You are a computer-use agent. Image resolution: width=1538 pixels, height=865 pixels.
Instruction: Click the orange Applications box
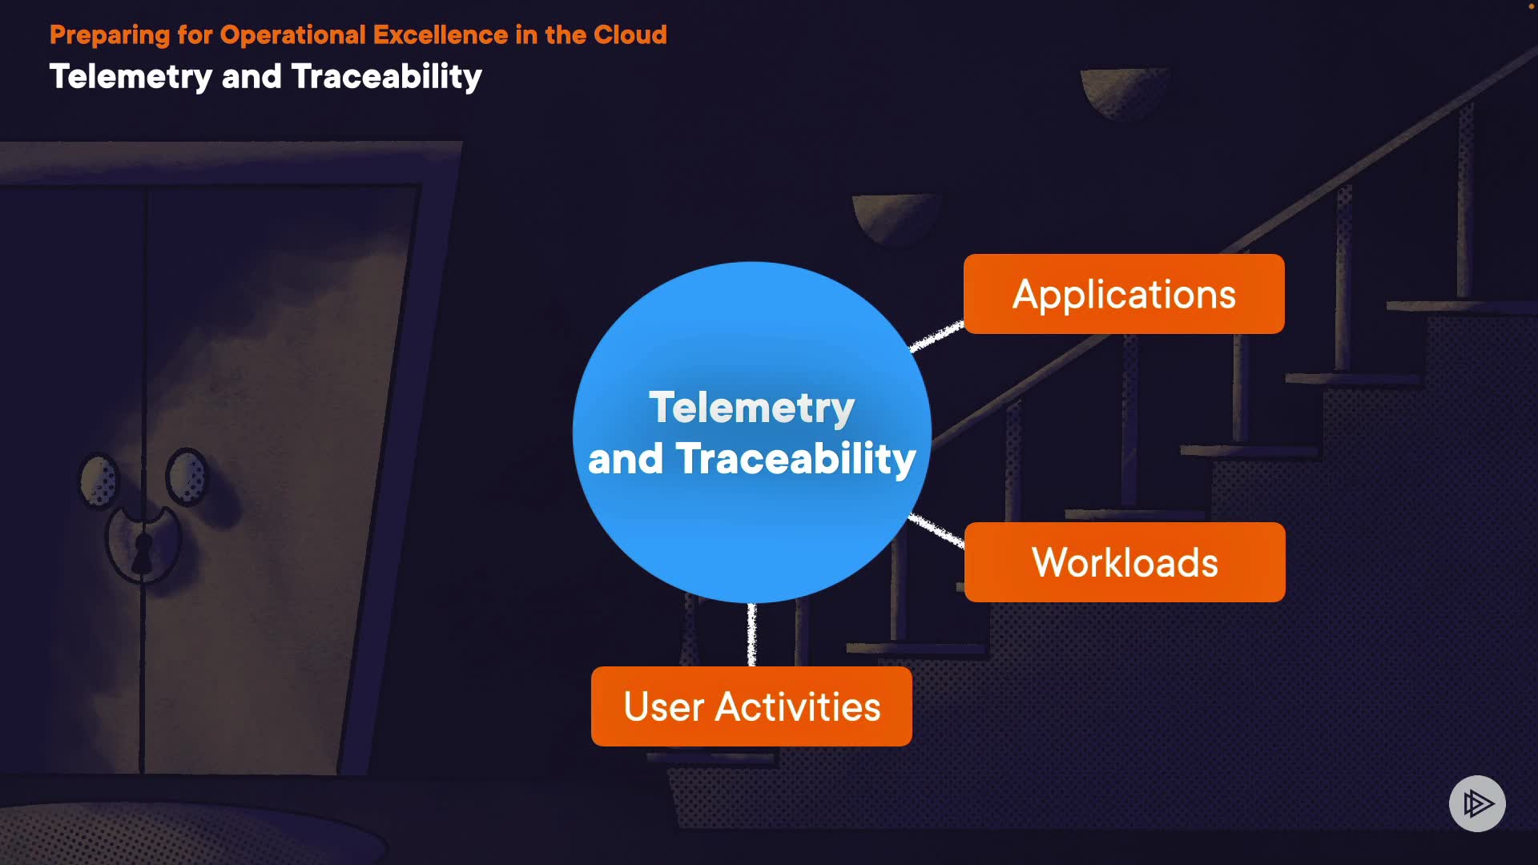point(1124,294)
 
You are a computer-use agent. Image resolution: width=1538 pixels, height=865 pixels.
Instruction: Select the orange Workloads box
point(1125,562)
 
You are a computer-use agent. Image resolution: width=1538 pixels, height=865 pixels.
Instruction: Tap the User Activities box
point(751,706)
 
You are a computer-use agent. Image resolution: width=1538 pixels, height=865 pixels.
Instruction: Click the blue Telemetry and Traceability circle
point(751,432)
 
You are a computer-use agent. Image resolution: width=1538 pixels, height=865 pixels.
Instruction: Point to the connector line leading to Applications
point(936,336)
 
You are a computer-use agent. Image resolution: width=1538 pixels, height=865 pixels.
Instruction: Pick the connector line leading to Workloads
point(936,531)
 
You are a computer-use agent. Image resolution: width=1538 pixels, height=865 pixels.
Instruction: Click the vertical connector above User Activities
point(751,634)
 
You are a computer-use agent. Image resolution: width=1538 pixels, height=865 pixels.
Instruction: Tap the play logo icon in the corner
point(1477,803)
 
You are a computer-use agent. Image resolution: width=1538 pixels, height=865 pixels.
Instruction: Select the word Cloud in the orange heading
point(630,35)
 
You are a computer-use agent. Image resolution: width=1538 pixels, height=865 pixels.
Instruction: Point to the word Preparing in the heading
point(110,36)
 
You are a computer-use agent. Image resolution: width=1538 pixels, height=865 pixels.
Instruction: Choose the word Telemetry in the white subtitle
point(131,77)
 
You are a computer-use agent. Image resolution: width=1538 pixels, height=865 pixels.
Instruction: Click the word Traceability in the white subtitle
point(387,77)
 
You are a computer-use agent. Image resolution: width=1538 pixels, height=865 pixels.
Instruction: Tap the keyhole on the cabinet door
point(143,553)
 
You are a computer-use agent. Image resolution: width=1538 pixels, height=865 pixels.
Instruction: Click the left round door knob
point(99,481)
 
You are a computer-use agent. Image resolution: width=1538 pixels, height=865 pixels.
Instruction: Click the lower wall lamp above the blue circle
point(895,217)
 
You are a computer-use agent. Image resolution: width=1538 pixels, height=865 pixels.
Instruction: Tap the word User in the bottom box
point(664,707)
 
